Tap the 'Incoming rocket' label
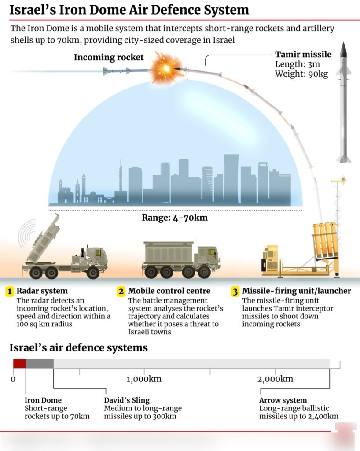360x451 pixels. (x=109, y=57)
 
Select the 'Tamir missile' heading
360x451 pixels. (x=303, y=55)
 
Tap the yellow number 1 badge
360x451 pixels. (x=10, y=292)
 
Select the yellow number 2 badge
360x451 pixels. (x=121, y=292)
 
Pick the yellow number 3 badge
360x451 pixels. (x=235, y=292)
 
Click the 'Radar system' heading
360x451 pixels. (x=42, y=291)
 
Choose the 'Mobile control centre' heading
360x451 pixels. (x=169, y=291)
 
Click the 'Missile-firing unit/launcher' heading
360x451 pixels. (x=297, y=291)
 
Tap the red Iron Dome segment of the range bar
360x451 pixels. (x=19, y=363)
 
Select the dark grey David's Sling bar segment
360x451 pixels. (x=40, y=363)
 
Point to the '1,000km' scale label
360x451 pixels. (x=144, y=379)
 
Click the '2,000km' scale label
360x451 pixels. (x=275, y=379)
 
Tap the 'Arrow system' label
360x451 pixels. (x=283, y=400)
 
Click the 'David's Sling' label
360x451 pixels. (x=127, y=400)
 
